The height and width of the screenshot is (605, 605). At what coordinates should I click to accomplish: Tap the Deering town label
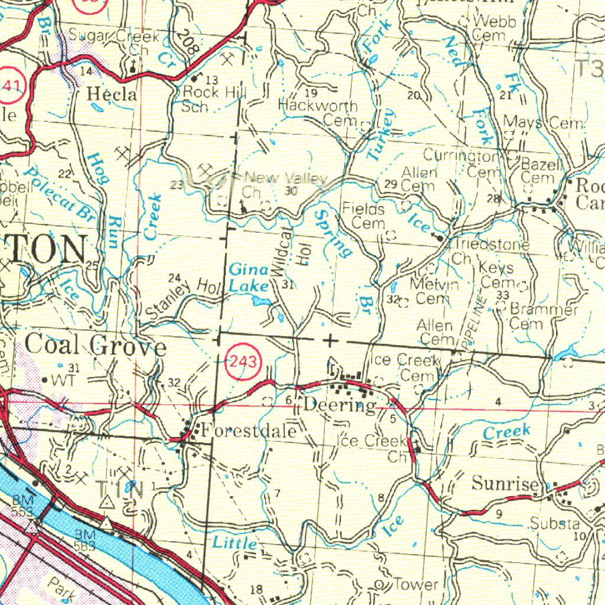[340, 406]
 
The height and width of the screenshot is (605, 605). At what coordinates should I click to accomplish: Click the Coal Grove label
[96, 345]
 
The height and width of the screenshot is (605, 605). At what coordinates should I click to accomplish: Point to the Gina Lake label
[249, 278]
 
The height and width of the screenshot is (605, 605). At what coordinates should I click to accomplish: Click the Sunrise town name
[505, 484]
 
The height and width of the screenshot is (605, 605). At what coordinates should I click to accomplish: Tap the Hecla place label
[112, 94]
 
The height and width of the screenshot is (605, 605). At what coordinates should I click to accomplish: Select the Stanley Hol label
[183, 298]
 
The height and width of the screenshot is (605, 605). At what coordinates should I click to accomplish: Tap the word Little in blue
[235, 542]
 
